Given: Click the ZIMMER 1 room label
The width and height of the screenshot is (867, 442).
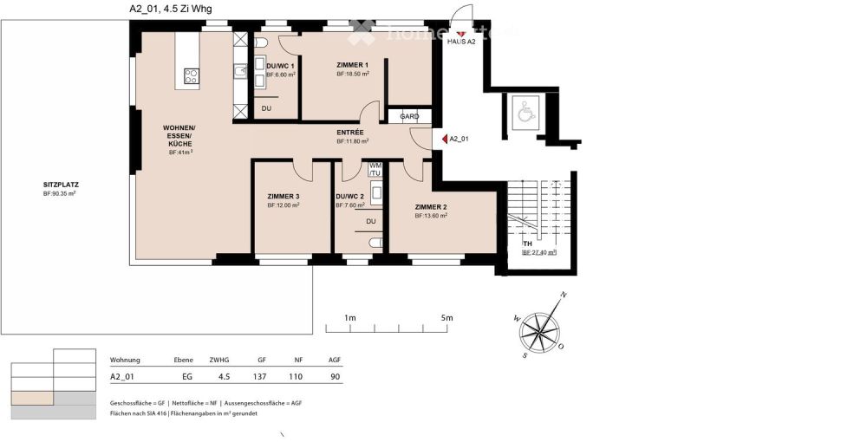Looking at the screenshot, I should coord(353,65).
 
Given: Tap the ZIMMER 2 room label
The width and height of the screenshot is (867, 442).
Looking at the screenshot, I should coord(431,206).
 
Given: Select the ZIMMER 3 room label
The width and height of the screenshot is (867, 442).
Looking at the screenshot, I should coord(284,196).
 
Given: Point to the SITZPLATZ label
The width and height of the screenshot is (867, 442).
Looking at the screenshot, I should coord(61,185).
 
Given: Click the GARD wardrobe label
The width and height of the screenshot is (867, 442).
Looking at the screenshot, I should coord(409,116).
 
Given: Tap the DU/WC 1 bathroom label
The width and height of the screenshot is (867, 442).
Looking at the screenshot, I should coord(280,66).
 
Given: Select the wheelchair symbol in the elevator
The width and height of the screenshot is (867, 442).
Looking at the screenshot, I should coord(525,111).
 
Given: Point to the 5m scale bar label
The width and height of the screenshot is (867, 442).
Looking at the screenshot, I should coord(446,318).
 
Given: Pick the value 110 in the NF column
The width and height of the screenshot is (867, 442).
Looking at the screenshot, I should coord(297,377).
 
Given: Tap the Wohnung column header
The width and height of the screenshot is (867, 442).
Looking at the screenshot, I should coord(125,360).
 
